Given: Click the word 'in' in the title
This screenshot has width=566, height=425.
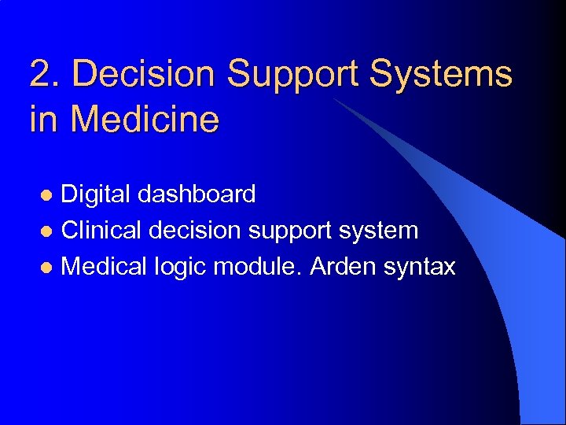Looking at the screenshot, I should click(x=44, y=120).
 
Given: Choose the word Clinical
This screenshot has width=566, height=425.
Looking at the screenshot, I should click(x=101, y=231).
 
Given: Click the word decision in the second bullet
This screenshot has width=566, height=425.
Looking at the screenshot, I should click(x=195, y=231).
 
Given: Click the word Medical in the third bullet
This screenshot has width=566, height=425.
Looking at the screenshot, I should click(x=103, y=267).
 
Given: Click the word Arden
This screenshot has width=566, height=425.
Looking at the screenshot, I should click(x=343, y=267).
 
